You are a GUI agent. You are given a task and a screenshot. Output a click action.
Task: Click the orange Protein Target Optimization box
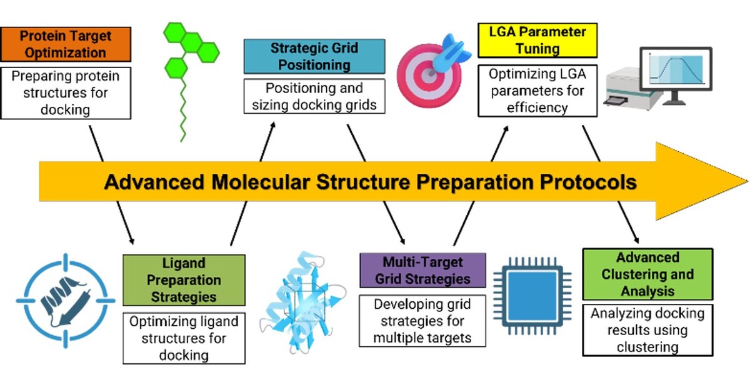[x=66, y=44]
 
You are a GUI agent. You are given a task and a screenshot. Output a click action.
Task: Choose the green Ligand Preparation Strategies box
[x=184, y=279]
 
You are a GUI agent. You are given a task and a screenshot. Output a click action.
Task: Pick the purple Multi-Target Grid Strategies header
[x=422, y=270]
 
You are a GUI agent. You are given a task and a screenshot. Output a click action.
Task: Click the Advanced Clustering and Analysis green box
[x=647, y=274]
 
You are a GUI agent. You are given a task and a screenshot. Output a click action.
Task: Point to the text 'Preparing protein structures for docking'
[x=66, y=93]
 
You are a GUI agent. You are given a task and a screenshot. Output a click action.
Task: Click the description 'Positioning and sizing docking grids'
[x=314, y=97]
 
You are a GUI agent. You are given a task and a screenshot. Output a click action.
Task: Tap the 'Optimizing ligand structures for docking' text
[x=184, y=338]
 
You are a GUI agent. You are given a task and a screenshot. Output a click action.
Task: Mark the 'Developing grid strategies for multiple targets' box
[x=422, y=321]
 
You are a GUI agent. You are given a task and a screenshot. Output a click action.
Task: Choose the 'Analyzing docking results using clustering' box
[x=647, y=329]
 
